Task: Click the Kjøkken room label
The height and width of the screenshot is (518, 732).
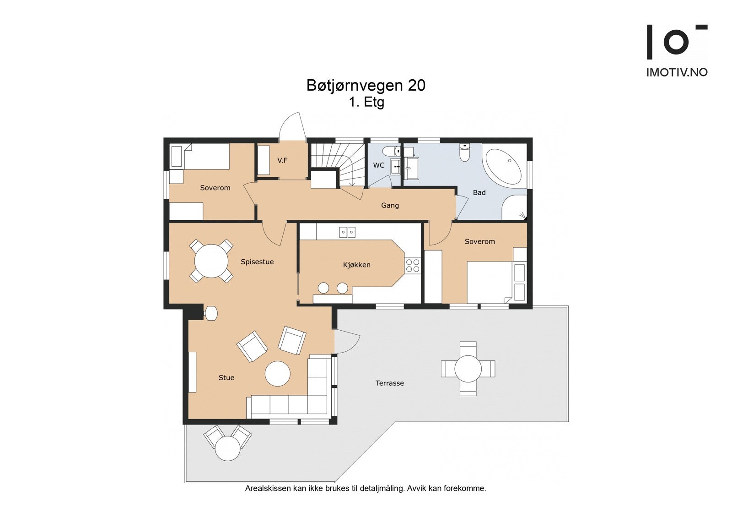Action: pos(356,265)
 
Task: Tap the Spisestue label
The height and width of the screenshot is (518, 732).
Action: pos(257,262)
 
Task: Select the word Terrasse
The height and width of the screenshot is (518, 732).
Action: pos(389,383)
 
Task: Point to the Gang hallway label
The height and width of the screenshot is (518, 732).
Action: pos(390,206)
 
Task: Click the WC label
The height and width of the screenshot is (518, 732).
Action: pos(379,165)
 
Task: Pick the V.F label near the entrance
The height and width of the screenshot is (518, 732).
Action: pos(282,160)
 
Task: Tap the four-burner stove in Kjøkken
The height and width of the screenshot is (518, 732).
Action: pos(413,265)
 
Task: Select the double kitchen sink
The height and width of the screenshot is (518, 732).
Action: pos(347,232)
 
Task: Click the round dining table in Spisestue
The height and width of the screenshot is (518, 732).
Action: pos(211,261)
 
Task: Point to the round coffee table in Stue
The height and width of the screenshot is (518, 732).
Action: pos(277,374)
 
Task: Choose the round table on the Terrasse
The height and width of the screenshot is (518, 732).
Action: pos(468,368)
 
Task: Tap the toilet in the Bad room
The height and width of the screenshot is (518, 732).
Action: pos(464,153)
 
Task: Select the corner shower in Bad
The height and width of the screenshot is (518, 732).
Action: pos(514,207)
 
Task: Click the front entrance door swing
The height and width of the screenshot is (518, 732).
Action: pos(292,125)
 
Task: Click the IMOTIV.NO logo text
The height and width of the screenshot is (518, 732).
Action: pos(677,72)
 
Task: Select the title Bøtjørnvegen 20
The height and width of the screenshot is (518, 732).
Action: pos(366,85)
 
